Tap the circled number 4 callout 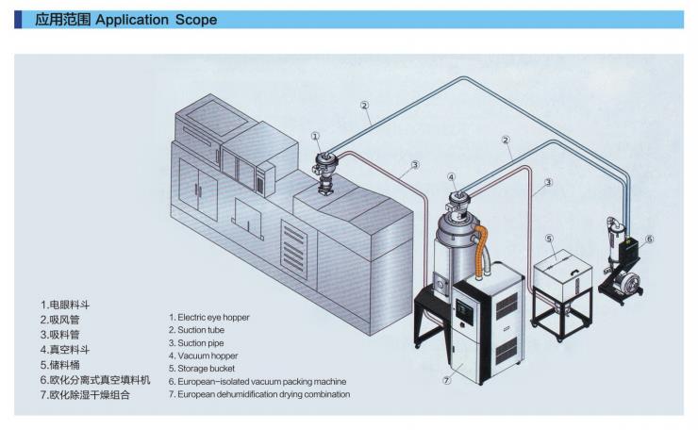coord(452,176)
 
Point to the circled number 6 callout coord(650,240)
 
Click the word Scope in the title coord(192,19)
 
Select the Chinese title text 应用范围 coord(63,19)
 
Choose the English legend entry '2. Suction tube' coord(199,330)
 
